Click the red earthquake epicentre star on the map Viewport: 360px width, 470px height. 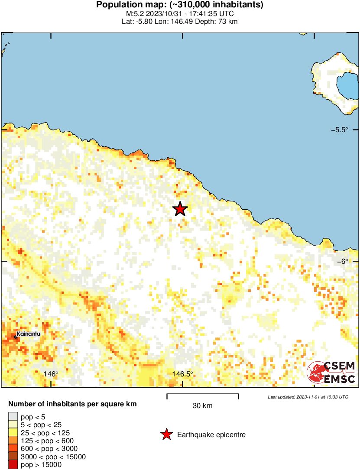[x=180, y=209]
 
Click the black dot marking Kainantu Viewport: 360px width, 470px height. [x=16, y=337]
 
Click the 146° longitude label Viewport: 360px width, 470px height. [x=51, y=374]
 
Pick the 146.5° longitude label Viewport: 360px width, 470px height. [x=182, y=374]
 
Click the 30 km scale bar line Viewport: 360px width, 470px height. [x=203, y=394]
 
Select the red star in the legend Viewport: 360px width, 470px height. [x=166, y=434]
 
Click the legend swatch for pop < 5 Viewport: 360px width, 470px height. [x=12, y=417]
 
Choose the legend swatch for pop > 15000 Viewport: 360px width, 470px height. [x=12, y=464]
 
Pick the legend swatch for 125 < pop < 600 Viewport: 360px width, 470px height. [x=12, y=441]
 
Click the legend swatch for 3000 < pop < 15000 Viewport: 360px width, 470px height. [x=12, y=457]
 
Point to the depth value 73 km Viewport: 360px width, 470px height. [x=227, y=21]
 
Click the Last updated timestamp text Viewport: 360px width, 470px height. [x=308, y=397]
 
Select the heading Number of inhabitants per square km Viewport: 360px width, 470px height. [x=72, y=404]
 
